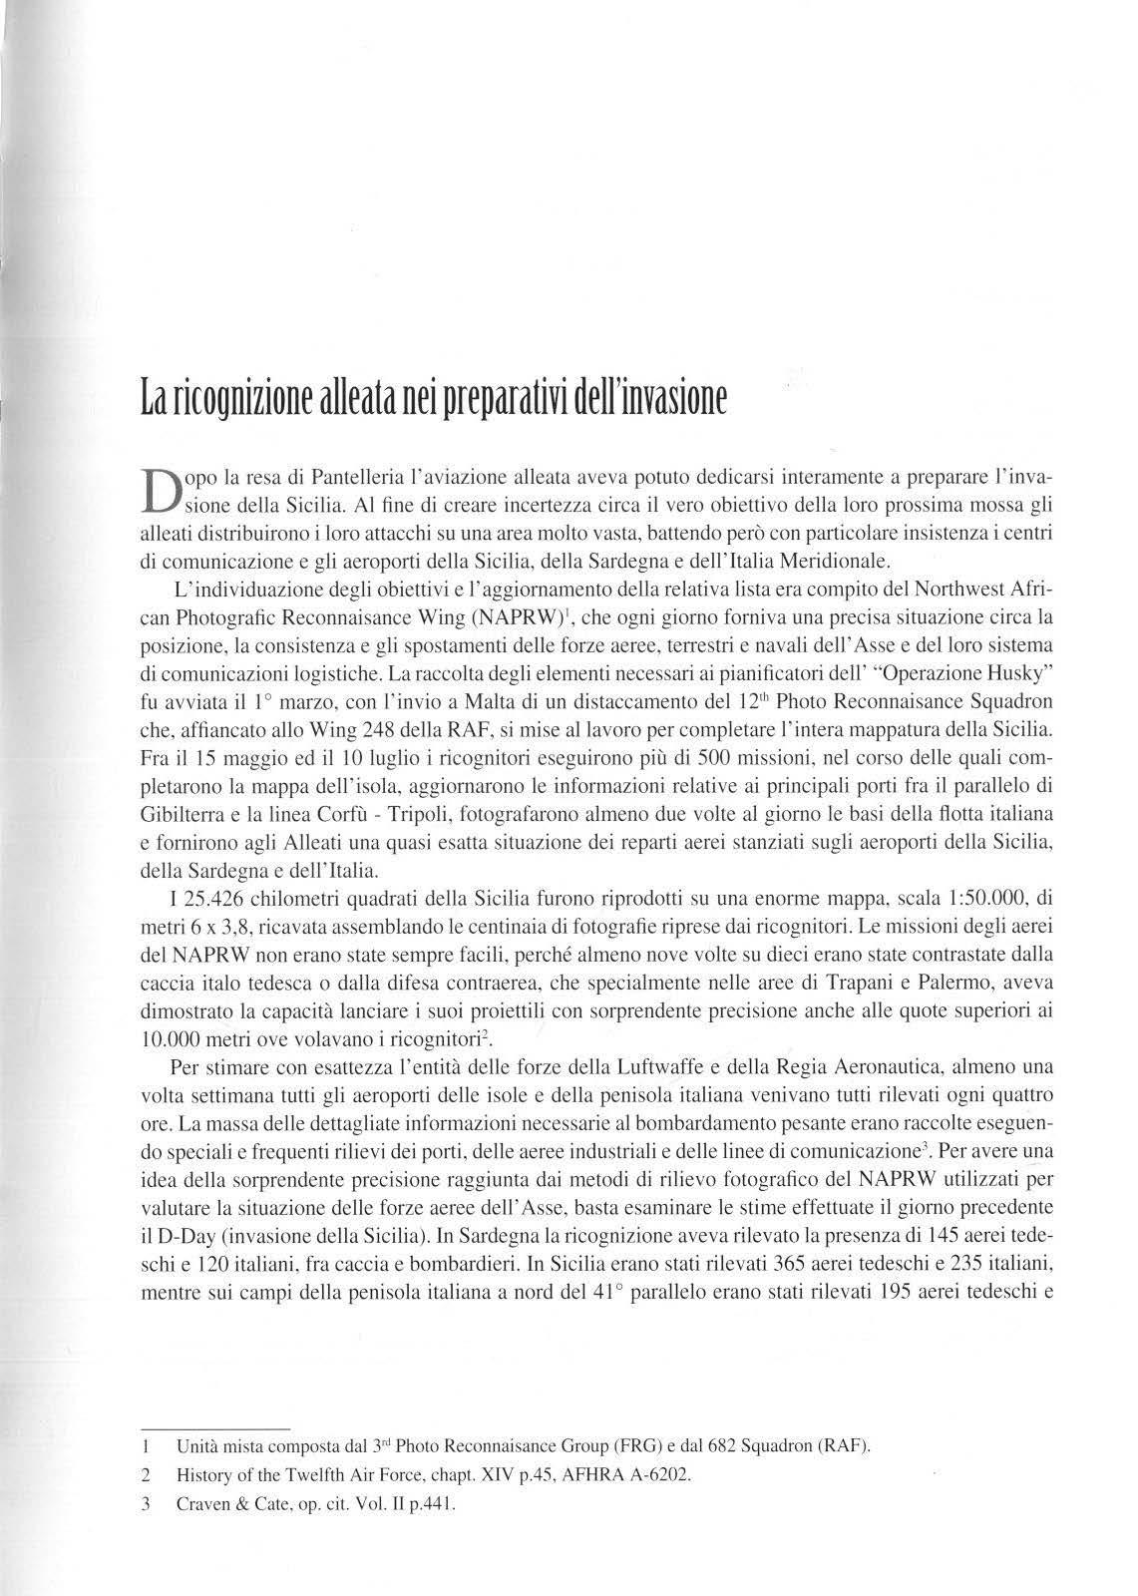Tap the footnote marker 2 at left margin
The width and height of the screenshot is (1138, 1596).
tap(146, 1474)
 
